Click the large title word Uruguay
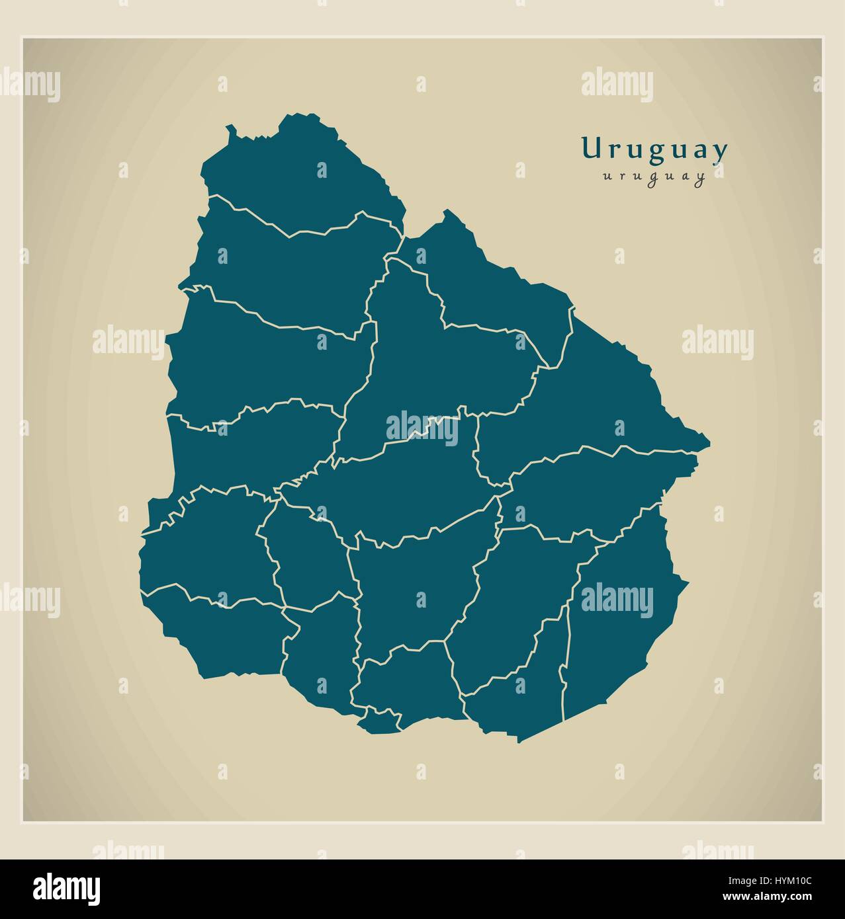tap(654, 150)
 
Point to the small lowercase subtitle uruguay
tap(653, 177)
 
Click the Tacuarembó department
tap(430, 364)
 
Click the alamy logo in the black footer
tap(67, 888)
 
